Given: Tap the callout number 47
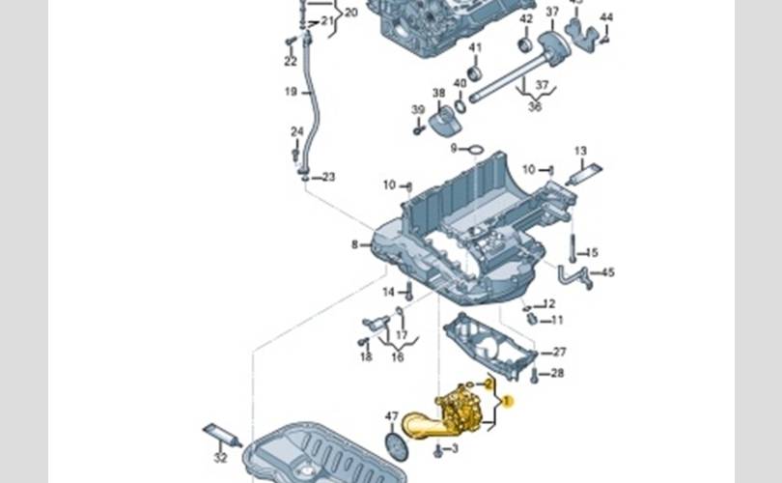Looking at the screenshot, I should [392, 417].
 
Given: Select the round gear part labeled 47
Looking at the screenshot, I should [395, 445].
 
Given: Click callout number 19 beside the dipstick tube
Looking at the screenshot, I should [291, 92].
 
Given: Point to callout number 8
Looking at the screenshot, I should [354, 244].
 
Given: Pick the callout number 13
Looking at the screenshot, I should [580, 151].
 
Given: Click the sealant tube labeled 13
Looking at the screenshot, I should [583, 174].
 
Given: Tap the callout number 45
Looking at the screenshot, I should [607, 272].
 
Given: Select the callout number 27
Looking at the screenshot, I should [559, 352].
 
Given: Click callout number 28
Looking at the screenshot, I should [557, 373].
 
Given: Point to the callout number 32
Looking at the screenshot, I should [220, 457].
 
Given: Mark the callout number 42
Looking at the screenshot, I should [525, 18].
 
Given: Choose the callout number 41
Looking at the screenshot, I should [475, 47].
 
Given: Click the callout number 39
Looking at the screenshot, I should [418, 109].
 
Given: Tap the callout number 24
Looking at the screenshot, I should [297, 131].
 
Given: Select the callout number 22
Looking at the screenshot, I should [291, 61].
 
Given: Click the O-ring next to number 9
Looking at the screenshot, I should [474, 149].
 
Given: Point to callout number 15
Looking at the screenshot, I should [592, 252].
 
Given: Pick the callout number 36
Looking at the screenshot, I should [534, 106].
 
